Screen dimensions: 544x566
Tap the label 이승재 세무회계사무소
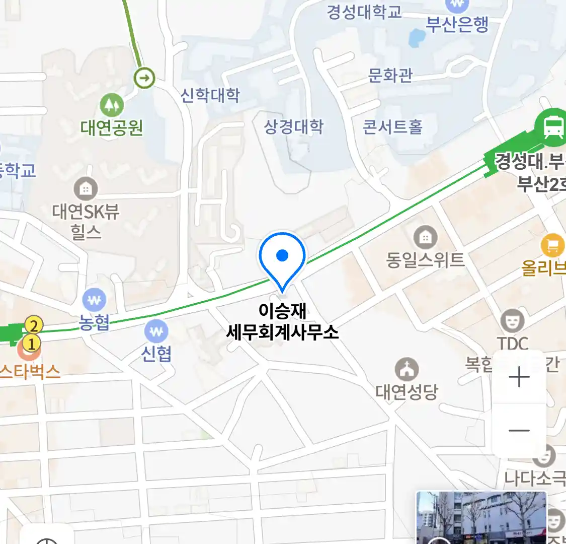coord(282,321)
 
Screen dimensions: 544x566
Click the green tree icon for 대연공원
coord(111,105)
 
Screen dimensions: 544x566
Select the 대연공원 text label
coord(112,128)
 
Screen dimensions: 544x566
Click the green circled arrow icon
coord(144,78)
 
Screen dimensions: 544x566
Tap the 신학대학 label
coord(210,95)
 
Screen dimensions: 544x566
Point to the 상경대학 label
coord(293,126)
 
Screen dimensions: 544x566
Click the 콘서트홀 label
coord(392,126)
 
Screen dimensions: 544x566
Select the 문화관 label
coord(390,76)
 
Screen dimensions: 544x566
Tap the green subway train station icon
coord(552,126)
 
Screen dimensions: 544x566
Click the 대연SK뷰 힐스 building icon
coord(86,189)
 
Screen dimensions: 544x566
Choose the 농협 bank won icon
coord(94,301)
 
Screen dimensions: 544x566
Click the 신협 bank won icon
coord(156,331)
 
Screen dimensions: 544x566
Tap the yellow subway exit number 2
coord(34,325)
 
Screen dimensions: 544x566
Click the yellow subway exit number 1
coord(31,344)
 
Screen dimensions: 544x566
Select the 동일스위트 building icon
coord(425,237)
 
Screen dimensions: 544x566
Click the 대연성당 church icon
coord(407,370)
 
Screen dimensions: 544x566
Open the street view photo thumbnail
coord(481,518)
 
